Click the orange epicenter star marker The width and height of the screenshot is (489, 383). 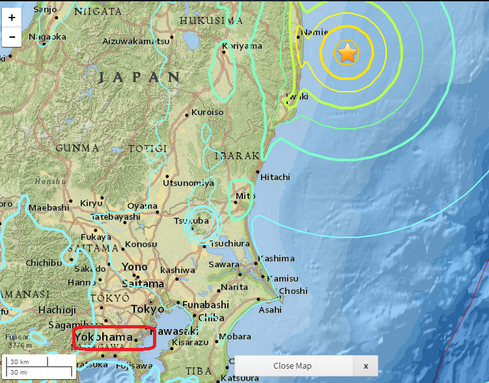point(348,53)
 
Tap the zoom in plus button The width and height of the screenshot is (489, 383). point(12,18)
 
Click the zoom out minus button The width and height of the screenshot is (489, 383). point(12,38)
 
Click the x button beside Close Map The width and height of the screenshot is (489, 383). point(366,366)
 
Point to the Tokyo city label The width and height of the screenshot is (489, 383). point(148,309)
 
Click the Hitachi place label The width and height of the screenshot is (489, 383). point(275,177)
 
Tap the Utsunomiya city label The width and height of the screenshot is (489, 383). point(189,183)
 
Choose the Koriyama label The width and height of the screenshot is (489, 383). point(242,46)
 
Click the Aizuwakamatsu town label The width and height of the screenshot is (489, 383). point(135,41)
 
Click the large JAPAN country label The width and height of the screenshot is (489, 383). point(139,77)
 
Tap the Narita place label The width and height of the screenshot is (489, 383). point(234,287)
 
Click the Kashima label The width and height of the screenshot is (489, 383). point(277,259)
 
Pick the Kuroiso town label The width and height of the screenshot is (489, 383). point(208,112)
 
